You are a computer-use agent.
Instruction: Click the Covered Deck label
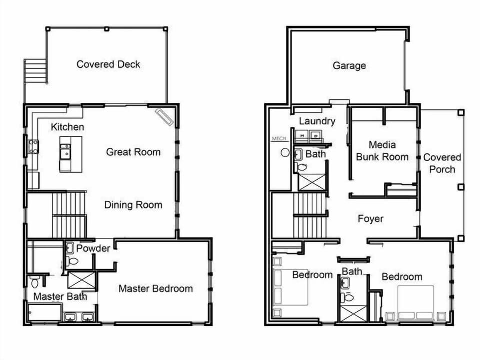(x=108, y=64)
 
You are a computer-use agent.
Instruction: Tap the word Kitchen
(x=67, y=127)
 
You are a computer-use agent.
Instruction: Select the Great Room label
(x=133, y=152)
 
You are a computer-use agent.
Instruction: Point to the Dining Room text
(x=133, y=205)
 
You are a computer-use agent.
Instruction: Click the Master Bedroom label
(x=155, y=288)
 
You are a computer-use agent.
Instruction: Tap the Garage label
(x=349, y=65)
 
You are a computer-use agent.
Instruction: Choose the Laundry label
(x=317, y=121)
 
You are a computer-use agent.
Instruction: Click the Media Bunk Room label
(x=382, y=151)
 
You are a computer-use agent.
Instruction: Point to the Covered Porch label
(x=442, y=163)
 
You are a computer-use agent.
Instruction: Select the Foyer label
(x=371, y=219)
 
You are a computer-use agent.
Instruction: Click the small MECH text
(x=278, y=138)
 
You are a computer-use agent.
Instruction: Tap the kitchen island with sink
(x=72, y=153)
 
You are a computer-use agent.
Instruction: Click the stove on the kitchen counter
(x=33, y=146)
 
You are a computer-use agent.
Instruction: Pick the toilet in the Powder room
(x=73, y=261)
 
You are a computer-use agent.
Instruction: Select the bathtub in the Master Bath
(x=44, y=313)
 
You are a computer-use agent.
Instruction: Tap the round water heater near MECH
(x=285, y=152)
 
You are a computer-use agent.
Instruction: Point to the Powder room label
(x=93, y=248)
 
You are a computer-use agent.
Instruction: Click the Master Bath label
(x=60, y=297)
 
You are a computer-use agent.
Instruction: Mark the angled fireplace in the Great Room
(x=164, y=116)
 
